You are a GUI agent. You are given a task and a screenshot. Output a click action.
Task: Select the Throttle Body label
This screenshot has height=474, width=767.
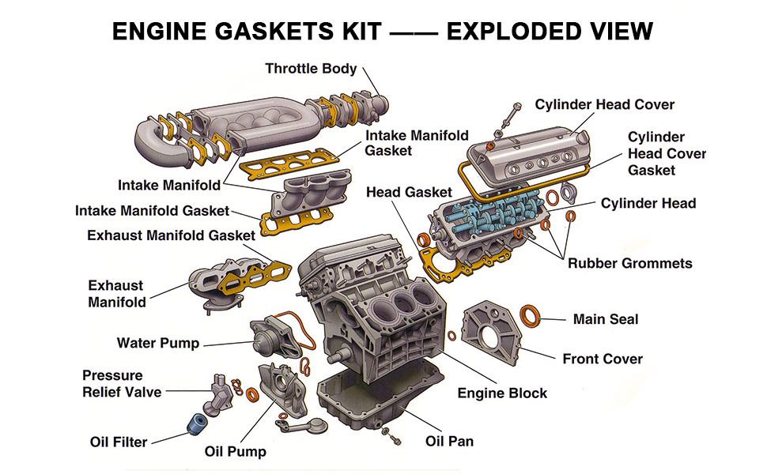[x=311, y=69]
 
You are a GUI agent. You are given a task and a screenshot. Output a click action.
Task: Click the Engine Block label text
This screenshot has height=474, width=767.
[x=502, y=393]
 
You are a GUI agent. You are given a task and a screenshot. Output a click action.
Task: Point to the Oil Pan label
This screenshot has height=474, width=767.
[x=449, y=441]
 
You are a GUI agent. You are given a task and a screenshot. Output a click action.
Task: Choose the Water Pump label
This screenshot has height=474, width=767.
[x=158, y=343]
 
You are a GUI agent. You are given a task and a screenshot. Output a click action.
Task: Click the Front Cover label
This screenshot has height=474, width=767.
[x=602, y=359]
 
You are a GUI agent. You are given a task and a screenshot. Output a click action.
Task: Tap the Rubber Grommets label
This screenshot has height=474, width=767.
[x=629, y=263]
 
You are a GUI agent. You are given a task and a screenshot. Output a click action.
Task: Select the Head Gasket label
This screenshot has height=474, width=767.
[x=409, y=192]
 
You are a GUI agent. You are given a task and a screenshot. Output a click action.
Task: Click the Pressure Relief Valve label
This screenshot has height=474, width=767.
[x=122, y=383]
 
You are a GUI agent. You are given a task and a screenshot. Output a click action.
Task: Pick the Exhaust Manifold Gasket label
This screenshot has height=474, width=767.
[x=171, y=235]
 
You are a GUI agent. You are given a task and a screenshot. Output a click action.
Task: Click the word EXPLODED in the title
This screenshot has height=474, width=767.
[x=518, y=31]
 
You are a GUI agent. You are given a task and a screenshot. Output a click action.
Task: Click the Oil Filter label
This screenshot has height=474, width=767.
[x=119, y=442]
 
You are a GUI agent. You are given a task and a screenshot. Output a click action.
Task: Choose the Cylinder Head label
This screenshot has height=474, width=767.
[x=648, y=203]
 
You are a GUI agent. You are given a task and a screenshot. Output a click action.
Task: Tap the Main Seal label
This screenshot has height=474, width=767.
[x=605, y=319]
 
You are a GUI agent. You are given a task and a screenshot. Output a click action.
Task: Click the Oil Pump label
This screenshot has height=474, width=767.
[x=235, y=452]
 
